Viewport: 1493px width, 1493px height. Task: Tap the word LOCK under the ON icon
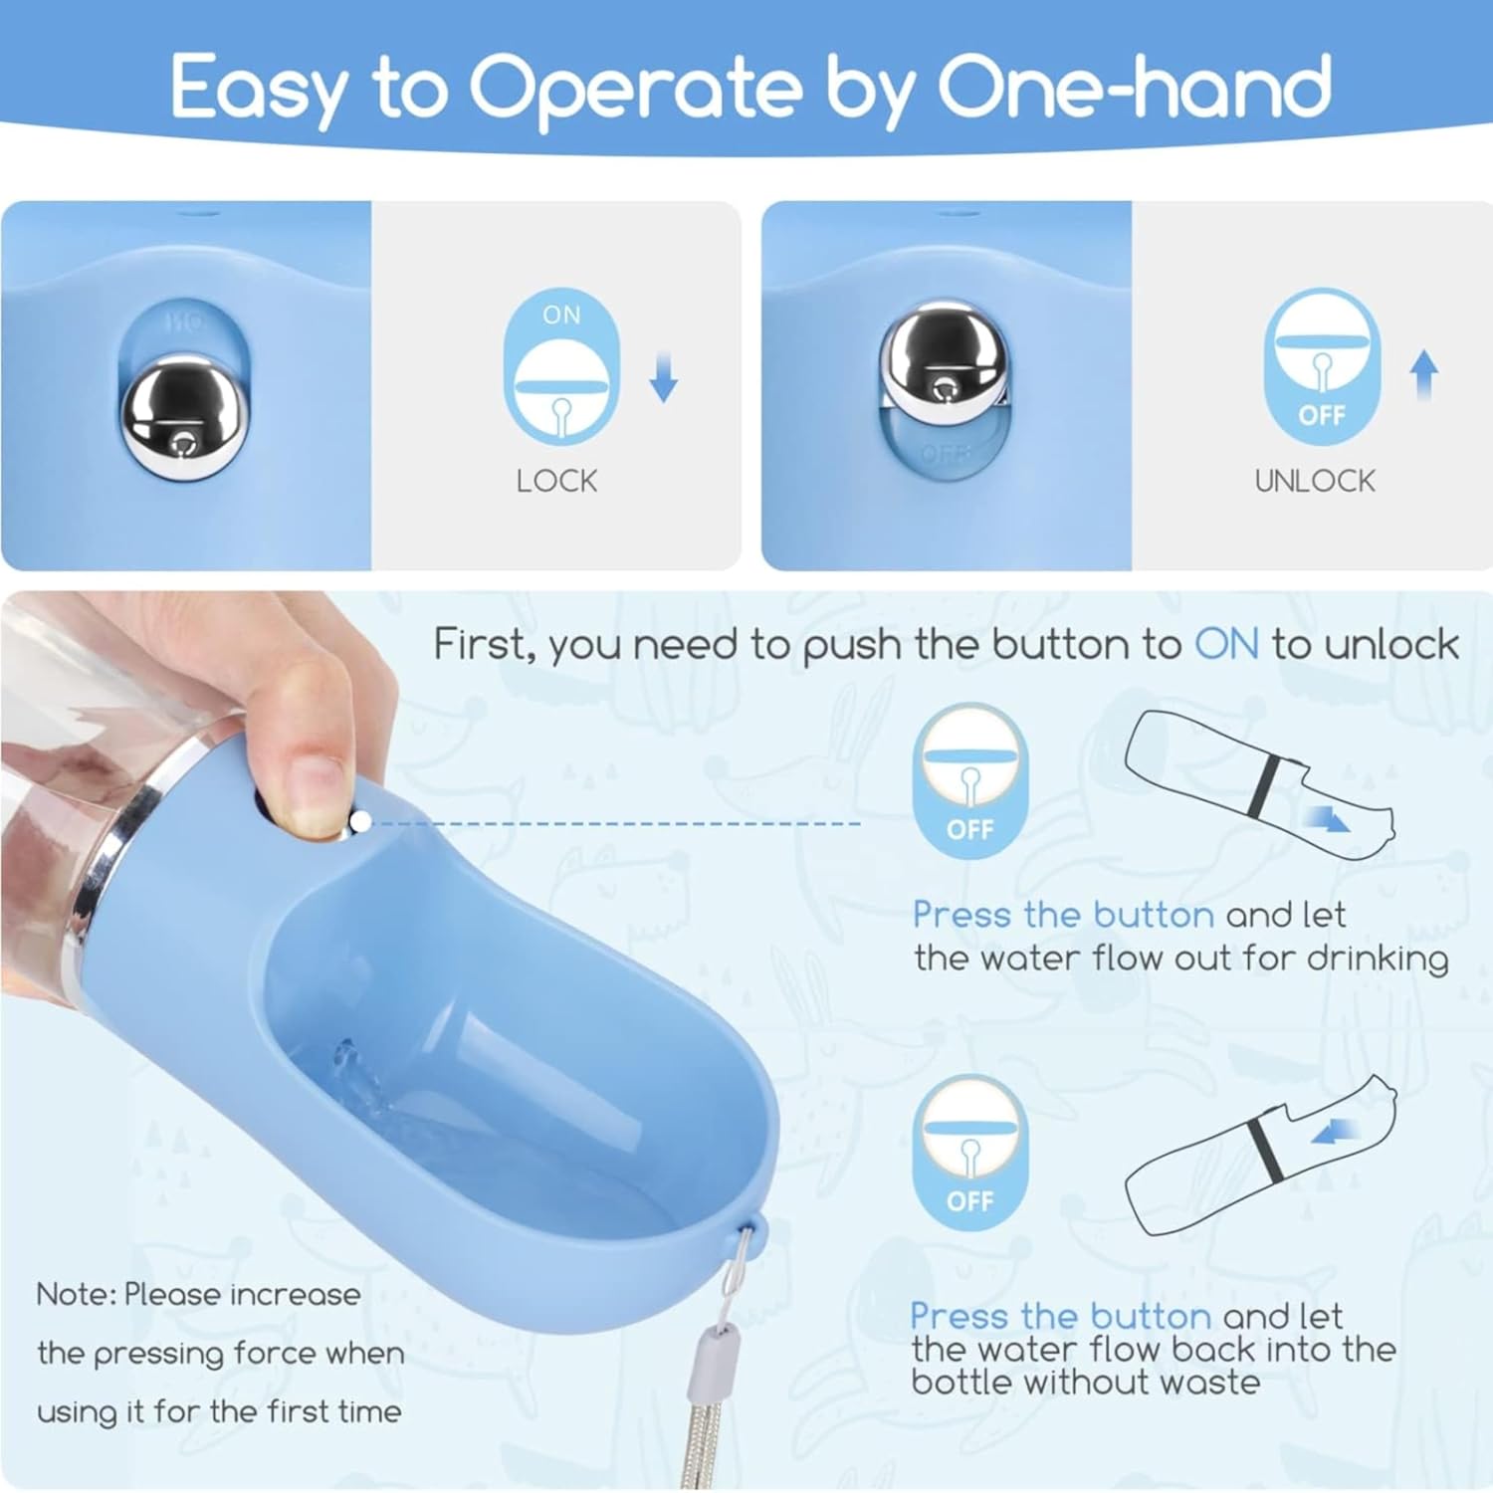(x=556, y=481)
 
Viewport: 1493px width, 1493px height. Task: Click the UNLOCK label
(x=1314, y=481)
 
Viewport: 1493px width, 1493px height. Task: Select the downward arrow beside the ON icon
(x=664, y=379)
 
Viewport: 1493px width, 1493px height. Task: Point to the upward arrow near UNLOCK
(x=1424, y=375)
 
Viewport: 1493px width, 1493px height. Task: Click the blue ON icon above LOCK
(x=561, y=366)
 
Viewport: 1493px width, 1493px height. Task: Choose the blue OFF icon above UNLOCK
(x=1322, y=365)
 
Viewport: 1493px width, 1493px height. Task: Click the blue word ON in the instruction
(x=1227, y=645)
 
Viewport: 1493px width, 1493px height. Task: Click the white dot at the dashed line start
(x=360, y=821)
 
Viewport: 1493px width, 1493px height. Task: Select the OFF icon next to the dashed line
(x=970, y=781)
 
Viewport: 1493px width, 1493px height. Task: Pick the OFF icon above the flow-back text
(x=970, y=1153)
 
